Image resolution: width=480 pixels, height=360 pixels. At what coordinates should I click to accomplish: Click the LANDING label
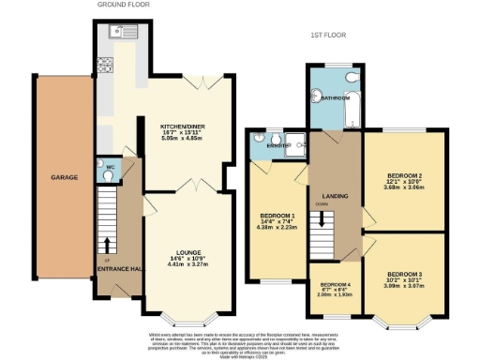click(x=334, y=194)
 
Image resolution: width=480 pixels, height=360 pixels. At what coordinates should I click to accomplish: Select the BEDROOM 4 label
click(x=334, y=283)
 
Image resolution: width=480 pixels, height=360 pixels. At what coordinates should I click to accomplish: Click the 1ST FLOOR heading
click(x=330, y=35)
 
